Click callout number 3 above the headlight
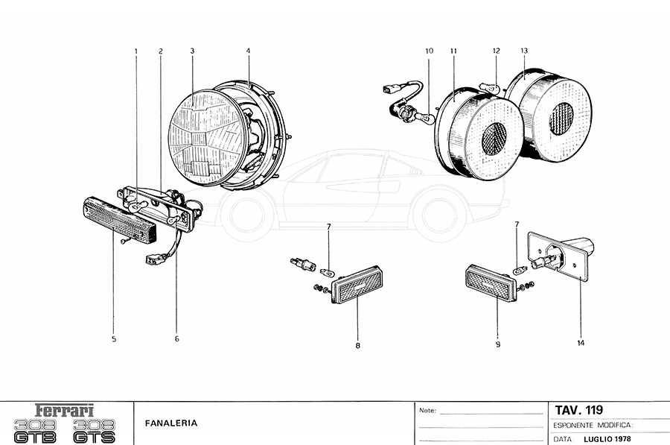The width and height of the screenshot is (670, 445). [x=192, y=51]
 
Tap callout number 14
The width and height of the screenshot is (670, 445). [x=580, y=344]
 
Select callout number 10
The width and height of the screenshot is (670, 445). [x=429, y=51]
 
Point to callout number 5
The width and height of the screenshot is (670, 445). [x=114, y=339]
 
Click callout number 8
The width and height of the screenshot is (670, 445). [x=357, y=345]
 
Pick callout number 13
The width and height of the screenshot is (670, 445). [x=524, y=51]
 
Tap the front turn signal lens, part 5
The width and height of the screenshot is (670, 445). [x=119, y=219]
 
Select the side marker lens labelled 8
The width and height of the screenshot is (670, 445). [x=360, y=287]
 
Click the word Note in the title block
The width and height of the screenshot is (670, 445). [x=427, y=411]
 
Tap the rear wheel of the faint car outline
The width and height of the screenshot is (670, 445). [x=443, y=212]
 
